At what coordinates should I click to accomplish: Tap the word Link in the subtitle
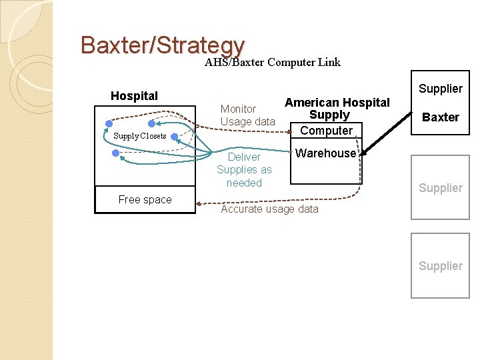click(329, 63)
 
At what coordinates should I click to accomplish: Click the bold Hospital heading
click(134, 96)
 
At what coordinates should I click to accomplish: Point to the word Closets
click(153, 136)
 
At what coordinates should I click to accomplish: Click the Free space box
click(145, 199)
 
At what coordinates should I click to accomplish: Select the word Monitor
click(238, 109)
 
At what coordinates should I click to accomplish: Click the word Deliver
click(244, 157)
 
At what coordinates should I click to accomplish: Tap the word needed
click(244, 183)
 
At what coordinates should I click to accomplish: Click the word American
click(311, 103)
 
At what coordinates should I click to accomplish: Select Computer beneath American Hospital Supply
click(327, 131)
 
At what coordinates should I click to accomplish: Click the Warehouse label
click(325, 153)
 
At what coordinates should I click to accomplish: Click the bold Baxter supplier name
click(441, 117)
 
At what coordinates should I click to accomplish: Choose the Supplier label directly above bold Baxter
click(440, 89)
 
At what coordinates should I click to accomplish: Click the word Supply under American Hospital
click(329, 115)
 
